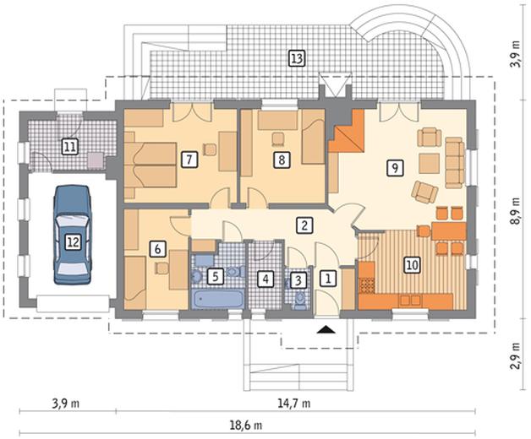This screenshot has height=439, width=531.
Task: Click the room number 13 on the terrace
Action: click(x=296, y=58)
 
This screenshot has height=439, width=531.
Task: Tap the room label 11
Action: click(x=70, y=147)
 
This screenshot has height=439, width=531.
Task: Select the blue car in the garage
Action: click(x=73, y=235)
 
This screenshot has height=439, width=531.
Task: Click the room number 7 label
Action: click(x=189, y=160)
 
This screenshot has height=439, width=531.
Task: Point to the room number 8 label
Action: click(x=282, y=160)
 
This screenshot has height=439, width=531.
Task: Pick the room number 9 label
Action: click(x=395, y=167)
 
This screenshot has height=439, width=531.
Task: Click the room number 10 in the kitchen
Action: click(x=412, y=264)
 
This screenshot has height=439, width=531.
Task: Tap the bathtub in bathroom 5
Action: click(x=218, y=299)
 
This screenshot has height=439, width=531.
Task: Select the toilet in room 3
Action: click(x=299, y=301)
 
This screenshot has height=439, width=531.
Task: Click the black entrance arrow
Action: click(x=326, y=329)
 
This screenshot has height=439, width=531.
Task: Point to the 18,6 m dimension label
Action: click(x=245, y=425)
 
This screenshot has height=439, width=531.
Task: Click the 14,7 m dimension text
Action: click(x=294, y=403)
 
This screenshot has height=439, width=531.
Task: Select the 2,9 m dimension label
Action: click(x=516, y=357)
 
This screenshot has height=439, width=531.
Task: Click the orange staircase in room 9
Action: click(x=347, y=131)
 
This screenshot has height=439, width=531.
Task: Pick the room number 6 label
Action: click(x=157, y=249)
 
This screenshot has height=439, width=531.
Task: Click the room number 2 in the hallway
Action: click(x=304, y=225)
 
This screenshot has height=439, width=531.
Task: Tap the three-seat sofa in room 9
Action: click(x=454, y=163)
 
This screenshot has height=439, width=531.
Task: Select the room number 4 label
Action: click(x=265, y=279)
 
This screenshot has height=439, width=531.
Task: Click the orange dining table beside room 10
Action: click(x=449, y=231)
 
